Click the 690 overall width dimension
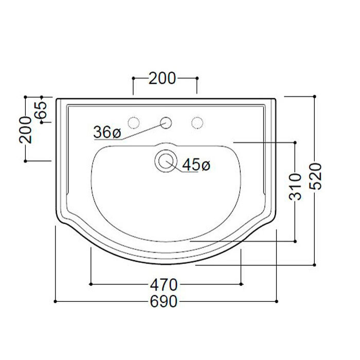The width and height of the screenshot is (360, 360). (164, 301)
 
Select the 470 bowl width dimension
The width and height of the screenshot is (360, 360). (164, 285)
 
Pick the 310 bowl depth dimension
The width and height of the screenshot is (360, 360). (295, 187)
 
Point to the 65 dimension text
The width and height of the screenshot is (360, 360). (41, 110)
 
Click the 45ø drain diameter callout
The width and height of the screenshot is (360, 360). (196, 165)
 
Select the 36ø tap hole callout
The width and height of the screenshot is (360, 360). (107, 133)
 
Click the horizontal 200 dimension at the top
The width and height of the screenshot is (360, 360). (163, 78)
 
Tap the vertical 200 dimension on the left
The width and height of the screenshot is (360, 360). (26, 130)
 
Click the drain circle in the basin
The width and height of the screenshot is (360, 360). (166, 160)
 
